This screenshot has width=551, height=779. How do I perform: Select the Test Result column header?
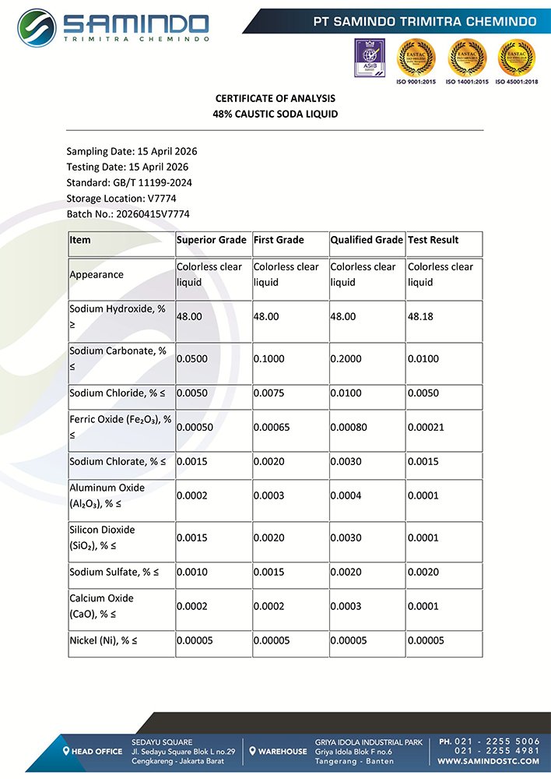click(433, 240)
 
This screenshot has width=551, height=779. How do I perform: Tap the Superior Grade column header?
click(212, 240)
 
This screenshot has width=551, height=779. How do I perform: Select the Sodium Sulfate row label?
click(114, 573)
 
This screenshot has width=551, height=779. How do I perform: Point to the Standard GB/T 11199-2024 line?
click(129, 182)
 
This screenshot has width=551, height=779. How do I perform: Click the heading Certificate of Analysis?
click(275, 99)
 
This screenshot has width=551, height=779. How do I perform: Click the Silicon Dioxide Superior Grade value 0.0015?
click(191, 538)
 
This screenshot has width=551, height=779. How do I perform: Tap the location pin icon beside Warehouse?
click(253, 751)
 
